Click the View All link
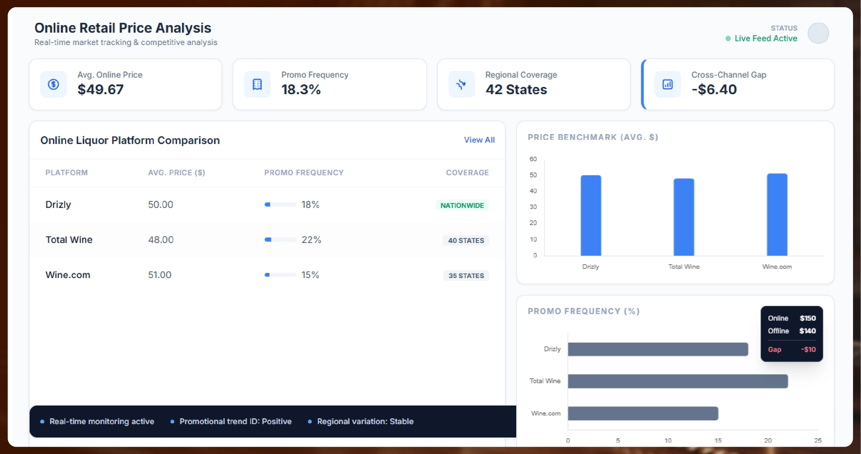479,140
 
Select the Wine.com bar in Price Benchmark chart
777,215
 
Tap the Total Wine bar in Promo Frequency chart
677,381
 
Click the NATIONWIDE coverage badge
462,206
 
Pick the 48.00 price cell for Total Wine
161,240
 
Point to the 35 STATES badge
466,276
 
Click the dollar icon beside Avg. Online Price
53,84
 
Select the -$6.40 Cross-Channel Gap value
714,89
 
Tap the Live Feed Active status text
765,38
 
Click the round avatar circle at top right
818,33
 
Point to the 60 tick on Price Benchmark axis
533,159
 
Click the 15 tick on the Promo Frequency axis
718,440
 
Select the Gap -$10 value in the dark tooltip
808,350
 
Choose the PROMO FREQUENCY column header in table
303,173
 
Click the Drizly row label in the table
58,204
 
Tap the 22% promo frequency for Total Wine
311,240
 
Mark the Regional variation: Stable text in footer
365,421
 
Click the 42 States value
516,89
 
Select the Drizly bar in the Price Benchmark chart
590,215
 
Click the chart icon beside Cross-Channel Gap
667,84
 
